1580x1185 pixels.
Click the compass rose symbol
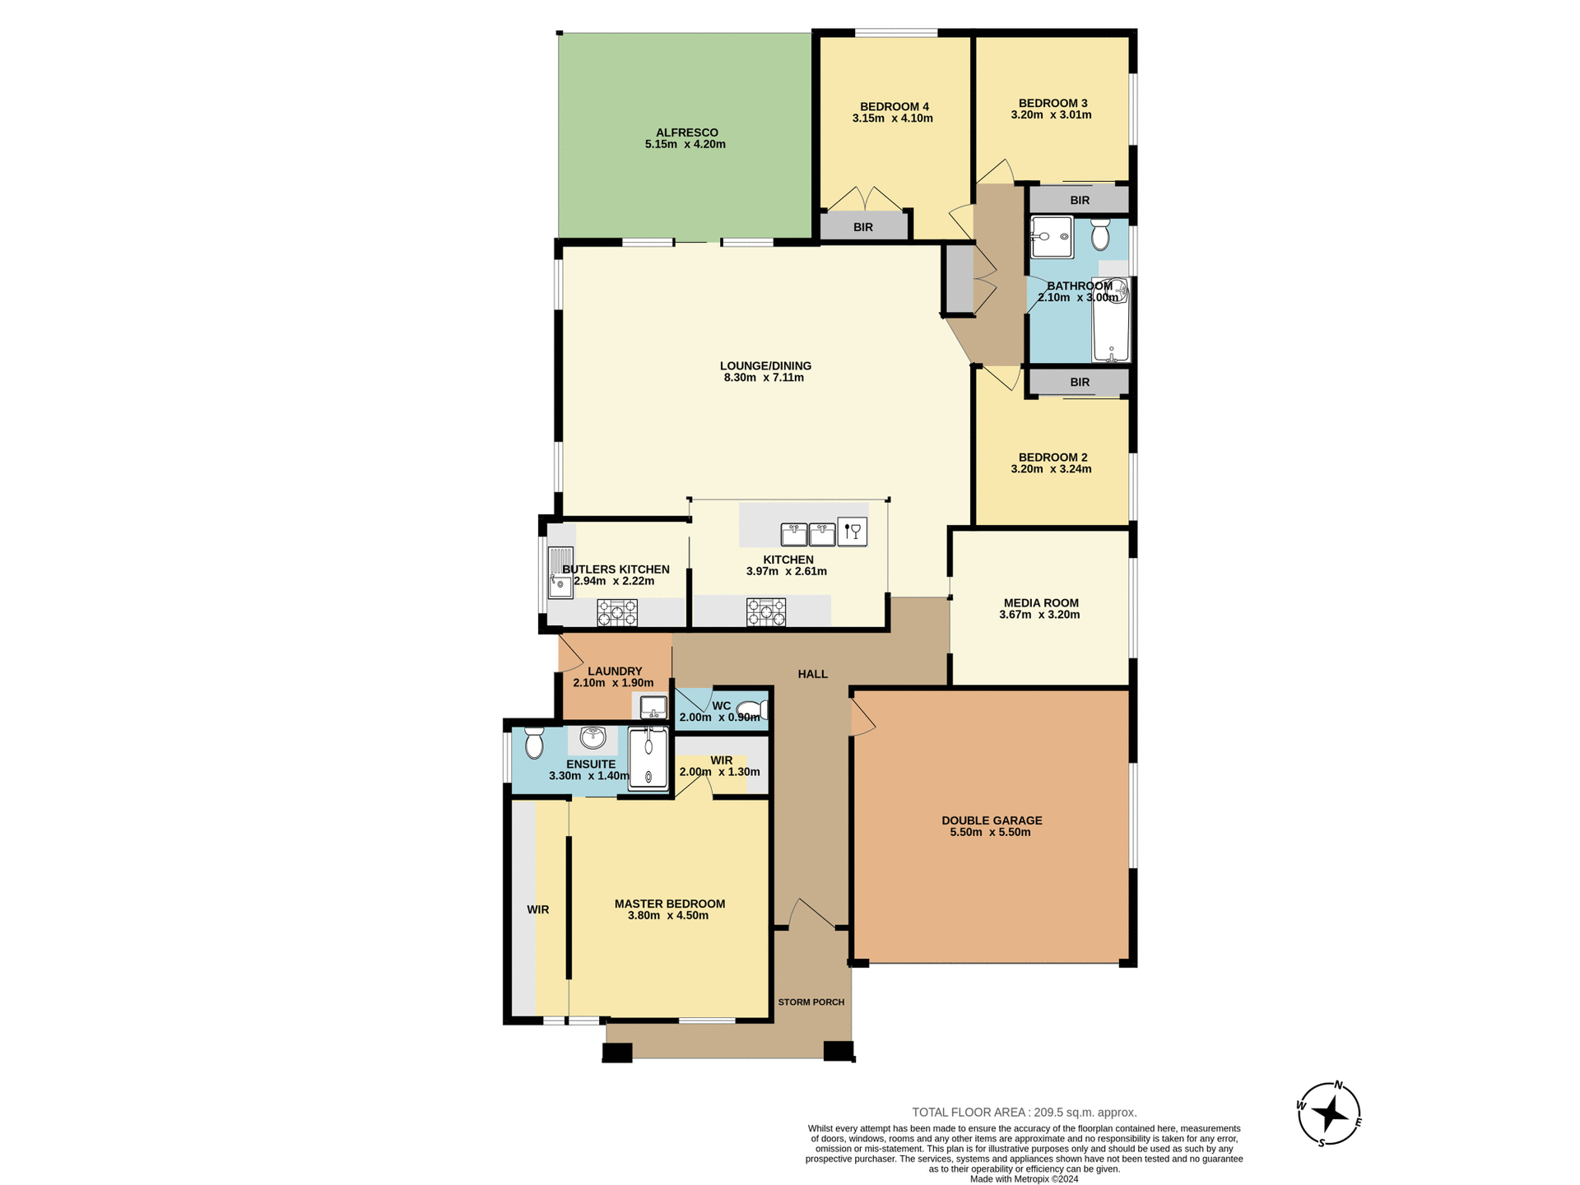1329,1114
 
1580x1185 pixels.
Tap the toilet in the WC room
751,710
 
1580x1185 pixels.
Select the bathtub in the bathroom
1111,321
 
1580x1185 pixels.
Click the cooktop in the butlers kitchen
617,613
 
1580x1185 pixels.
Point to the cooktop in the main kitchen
766,613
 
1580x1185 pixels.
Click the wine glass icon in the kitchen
853,532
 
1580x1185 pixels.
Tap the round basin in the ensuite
592,738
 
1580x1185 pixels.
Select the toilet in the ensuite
534,742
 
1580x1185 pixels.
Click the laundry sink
653,707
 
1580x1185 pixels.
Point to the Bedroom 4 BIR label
863,227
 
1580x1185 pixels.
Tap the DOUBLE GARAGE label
992,820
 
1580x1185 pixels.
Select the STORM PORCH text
811,1002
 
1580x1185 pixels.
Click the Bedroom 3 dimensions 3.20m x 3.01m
1051,115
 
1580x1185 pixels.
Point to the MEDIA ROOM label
1041,603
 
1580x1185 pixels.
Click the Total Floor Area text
1024,1113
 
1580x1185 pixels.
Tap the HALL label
813,674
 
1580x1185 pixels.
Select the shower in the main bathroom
1052,237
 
